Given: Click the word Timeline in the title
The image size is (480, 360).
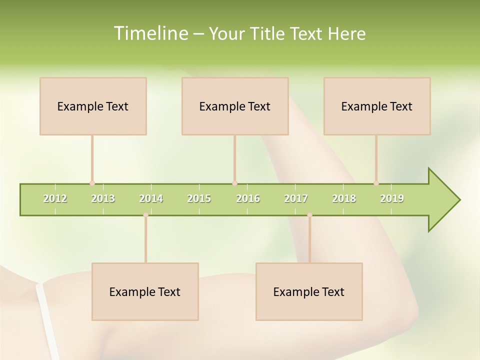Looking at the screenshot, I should (150, 33).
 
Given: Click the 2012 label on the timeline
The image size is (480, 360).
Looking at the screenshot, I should (55, 198).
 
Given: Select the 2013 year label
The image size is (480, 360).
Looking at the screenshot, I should (103, 198).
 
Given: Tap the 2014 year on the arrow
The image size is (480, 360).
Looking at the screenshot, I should (151, 198).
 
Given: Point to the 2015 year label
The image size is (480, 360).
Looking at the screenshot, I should (199, 198).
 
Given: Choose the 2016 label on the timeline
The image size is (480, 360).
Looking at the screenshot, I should (248, 198).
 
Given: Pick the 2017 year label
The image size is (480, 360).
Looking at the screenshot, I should (296, 198).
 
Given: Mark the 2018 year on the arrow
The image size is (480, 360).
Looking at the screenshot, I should (344, 198).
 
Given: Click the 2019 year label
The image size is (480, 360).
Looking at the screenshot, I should (392, 198).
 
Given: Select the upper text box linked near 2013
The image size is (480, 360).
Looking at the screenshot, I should (93, 106).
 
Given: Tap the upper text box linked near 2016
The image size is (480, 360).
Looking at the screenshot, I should (235, 106).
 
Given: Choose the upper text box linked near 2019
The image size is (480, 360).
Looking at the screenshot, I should (377, 106).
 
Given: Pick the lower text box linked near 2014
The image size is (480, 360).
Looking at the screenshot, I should (145, 291).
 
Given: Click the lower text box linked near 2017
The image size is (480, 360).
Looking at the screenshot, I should (309, 291).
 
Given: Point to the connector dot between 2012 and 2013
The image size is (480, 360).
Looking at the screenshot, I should (92, 183).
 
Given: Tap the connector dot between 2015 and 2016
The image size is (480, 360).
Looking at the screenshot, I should (234, 183).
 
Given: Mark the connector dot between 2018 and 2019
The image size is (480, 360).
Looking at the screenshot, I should (376, 183).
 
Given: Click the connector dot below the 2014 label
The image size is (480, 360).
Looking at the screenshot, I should (145, 215).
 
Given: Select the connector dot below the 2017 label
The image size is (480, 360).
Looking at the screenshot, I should (309, 215).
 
